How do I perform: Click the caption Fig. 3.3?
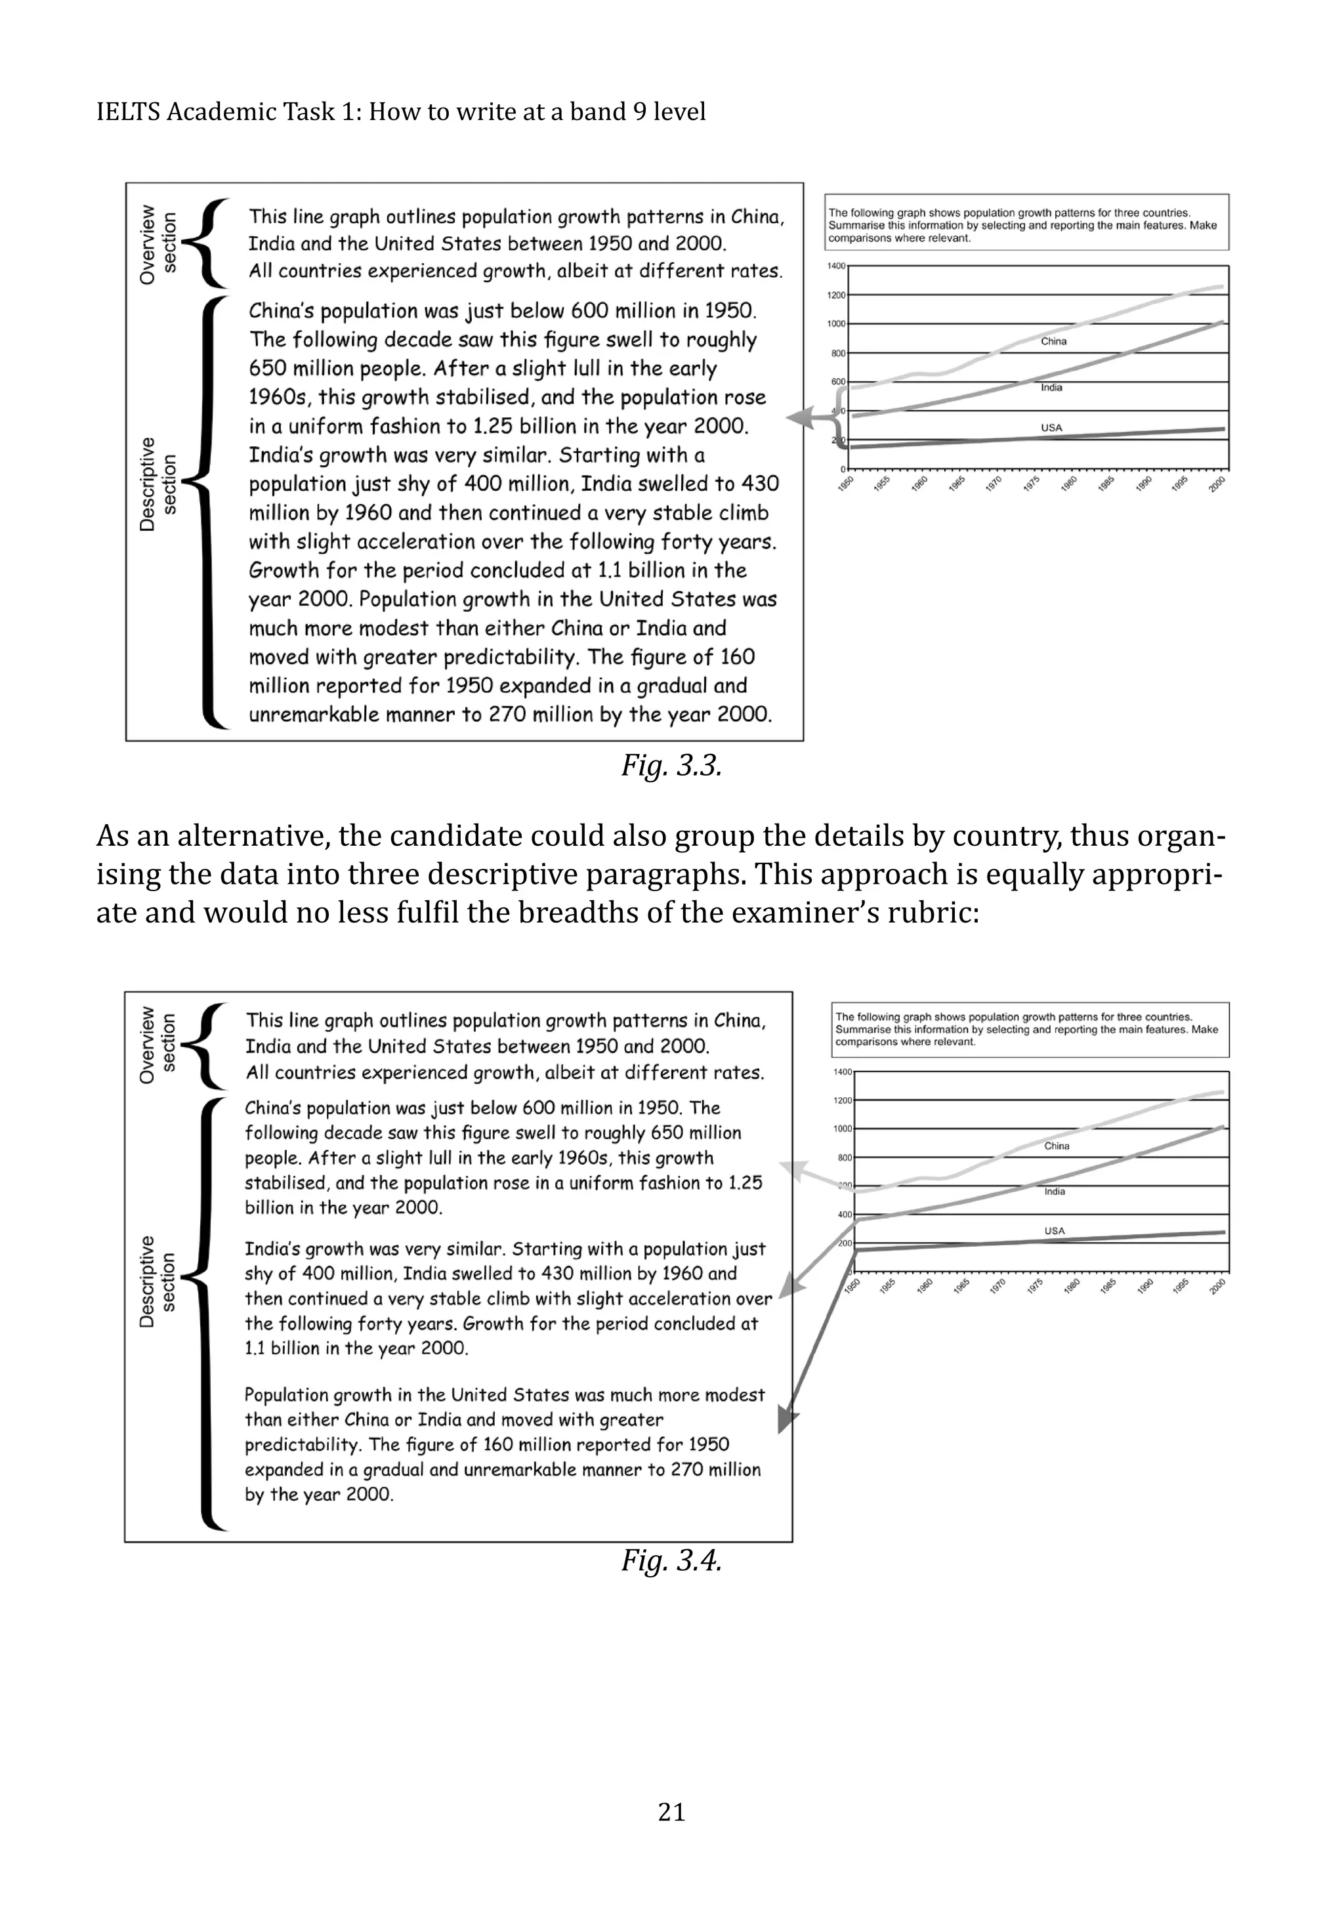(x=671, y=765)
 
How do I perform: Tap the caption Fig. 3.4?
(x=671, y=1560)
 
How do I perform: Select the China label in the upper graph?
(x=1053, y=341)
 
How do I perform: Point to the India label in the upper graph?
(x=1051, y=387)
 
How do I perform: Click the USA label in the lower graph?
(x=1055, y=1231)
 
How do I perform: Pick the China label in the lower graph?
(x=1057, y=1146)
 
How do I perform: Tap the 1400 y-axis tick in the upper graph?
(x=836, y=266)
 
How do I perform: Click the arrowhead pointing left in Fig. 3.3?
(x=799, y=417)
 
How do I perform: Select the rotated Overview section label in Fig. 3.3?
(x=157, y=243)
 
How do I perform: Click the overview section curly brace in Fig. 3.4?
(x=203, y=1045)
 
